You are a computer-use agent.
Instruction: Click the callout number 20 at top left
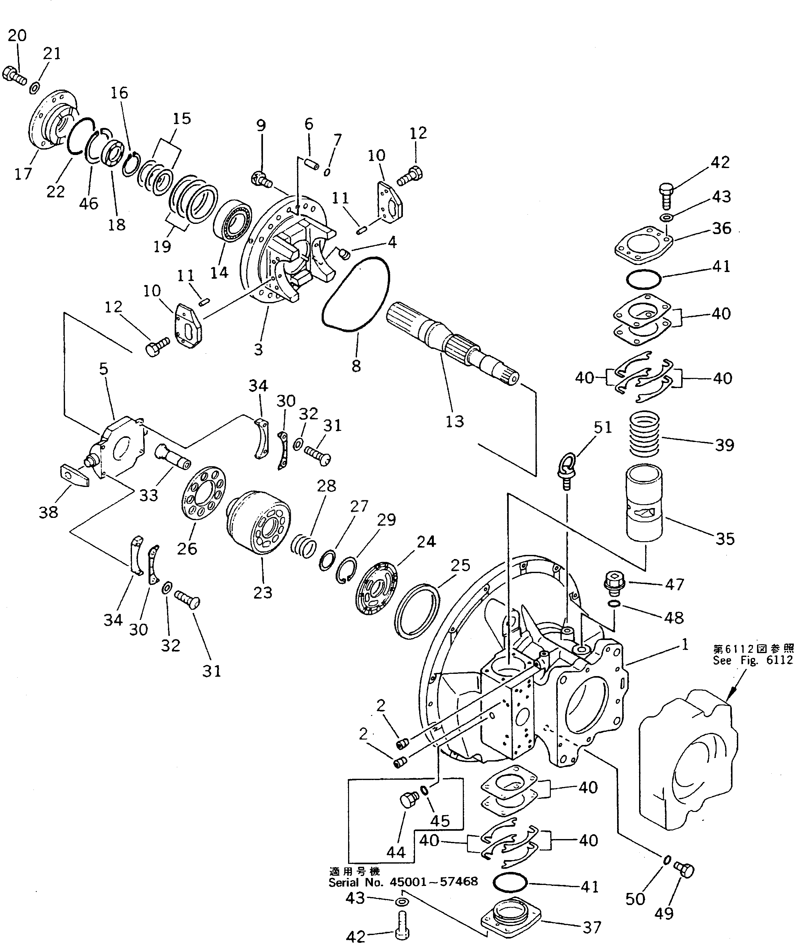pyautogui.click(x=17, y=35)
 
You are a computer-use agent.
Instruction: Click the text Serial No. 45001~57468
pyautogui.click(x=403, y=882)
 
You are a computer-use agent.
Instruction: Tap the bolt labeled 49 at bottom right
pyautogui.click(x=684, y=870)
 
